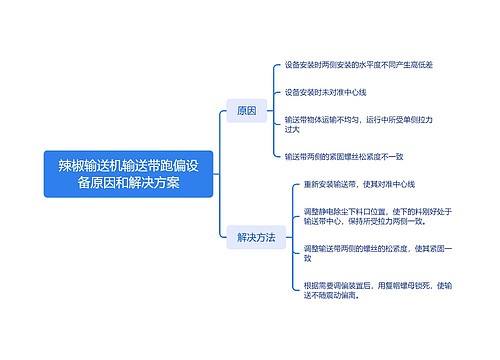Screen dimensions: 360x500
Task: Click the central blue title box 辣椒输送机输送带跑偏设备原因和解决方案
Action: [122, 174]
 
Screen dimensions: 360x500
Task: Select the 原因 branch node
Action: [245, 110]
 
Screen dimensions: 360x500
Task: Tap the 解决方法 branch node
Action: [256, 238]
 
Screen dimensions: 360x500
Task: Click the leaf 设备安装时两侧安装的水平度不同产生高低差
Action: [358, 65]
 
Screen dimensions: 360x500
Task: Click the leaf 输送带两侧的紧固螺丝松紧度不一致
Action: [343, 156]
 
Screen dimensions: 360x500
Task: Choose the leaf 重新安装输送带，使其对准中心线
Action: [359, 185]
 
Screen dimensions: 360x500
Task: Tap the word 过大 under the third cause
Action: [293, 130]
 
